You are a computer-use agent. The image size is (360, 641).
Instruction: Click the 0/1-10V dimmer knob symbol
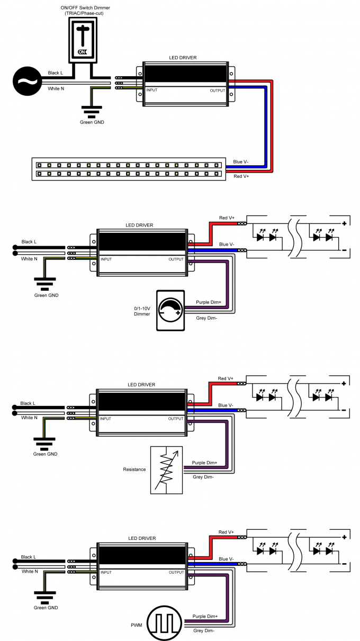pyautogui.click(x=170, y=311)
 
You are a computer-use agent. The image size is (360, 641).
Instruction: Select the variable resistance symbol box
pyautogui.click(x=166, y=470)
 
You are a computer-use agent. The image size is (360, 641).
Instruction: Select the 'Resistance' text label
pyautogui.click(x=134, y=470)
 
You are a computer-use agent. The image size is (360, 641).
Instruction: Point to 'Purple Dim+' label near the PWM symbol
pyautogui.click(x=205, y=616)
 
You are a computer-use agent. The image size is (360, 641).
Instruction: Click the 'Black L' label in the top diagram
pyautogui.click(x=55, y=73)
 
